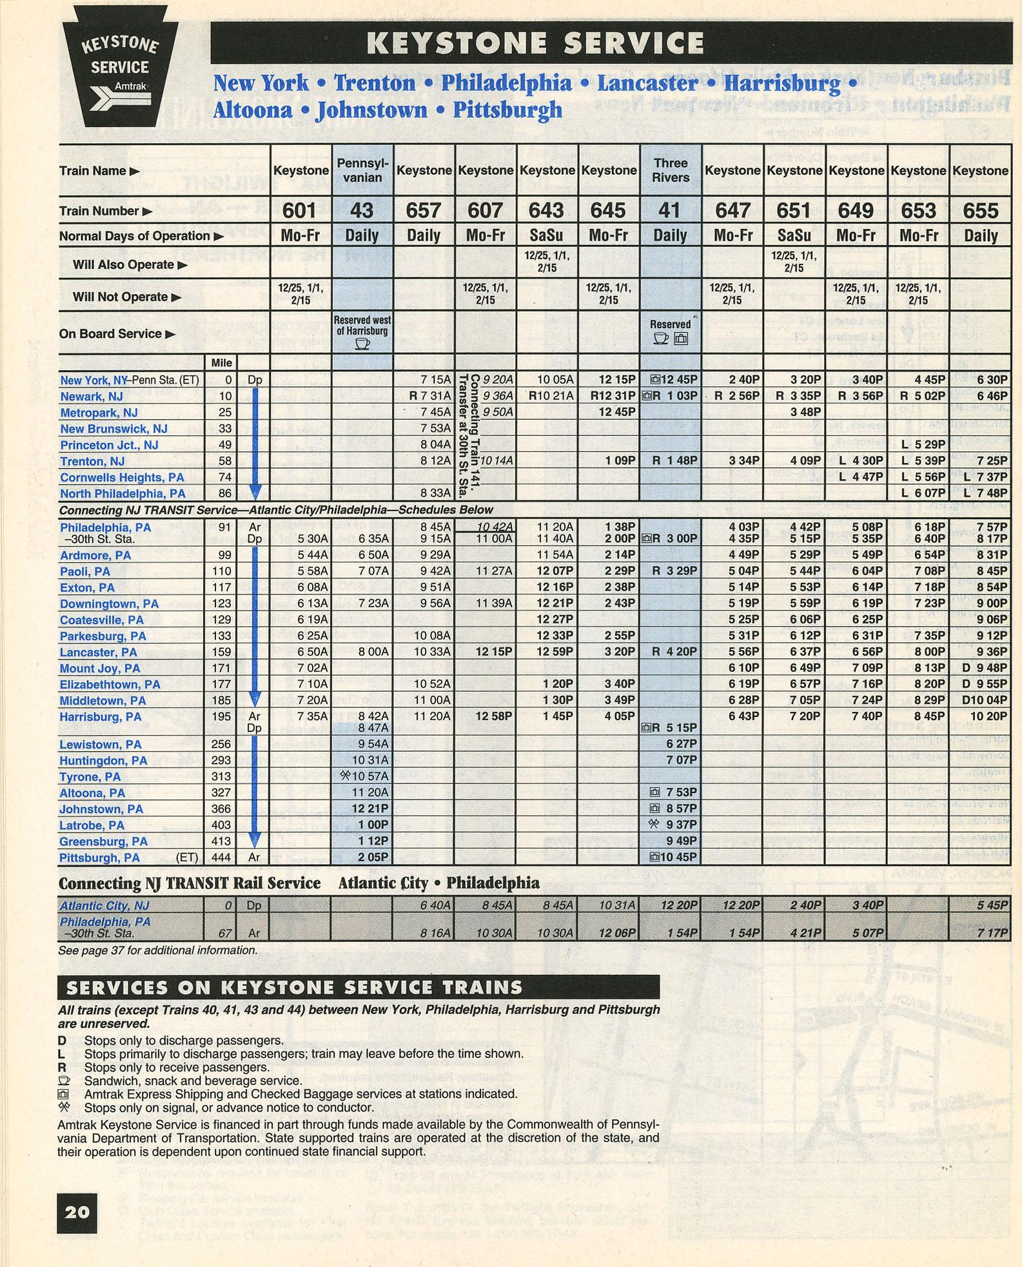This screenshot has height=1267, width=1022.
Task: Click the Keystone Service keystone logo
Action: pyautogui.click(x=120, y=66)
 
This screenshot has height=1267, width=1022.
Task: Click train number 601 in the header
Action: pyautogui.click(x=300, y=211)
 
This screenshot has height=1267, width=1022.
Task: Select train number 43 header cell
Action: pyautogui.click(x=362, y=211)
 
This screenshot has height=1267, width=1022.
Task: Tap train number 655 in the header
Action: pyautogui.click(x=980, y=211)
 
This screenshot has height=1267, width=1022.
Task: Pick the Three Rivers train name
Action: pyautogui.click(x=670, y=170)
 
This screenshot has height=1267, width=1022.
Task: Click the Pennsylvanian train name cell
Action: pyautogui.click(x=362, y=170)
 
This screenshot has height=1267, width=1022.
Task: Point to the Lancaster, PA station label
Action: pyautogui.click(x=99, y=653)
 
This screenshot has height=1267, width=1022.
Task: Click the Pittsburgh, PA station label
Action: pyautogui.click(x=99, y=858)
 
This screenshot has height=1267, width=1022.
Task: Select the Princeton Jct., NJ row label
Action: pyautogui.click(x=109, y=445)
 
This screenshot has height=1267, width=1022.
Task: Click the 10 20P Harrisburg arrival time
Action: pyautogui.click(x=988, y=716)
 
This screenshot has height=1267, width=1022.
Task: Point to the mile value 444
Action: pyautogui.click(x=221, y=858)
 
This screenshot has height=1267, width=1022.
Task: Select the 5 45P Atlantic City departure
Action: pyautogui.click(x=992, y=905)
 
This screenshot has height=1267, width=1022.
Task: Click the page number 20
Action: pyautogui.click(x=77, y=1212)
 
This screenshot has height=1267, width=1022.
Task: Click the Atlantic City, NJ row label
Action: pyautogui.click(x=104, y=906)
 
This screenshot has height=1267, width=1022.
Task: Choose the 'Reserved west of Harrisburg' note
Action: pyautogui.click(x=362, y=326)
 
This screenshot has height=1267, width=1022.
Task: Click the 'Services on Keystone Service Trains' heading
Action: pyautogui.click(x=294, y=988)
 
